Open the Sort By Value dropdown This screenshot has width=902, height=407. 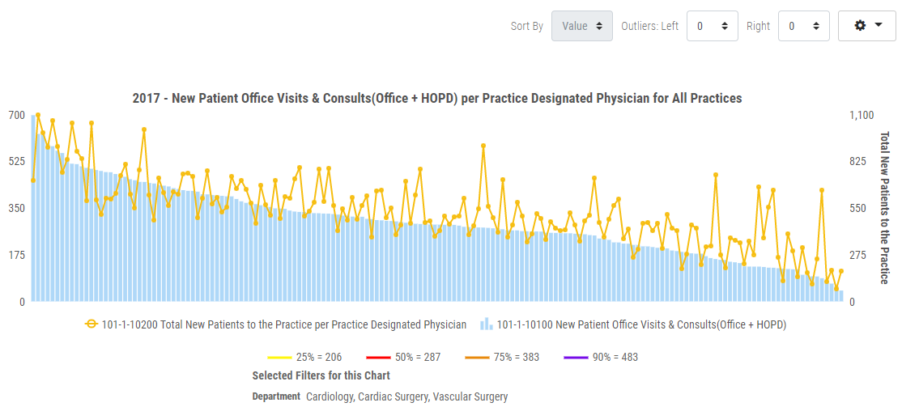(581, 26)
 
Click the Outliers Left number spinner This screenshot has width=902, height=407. (712, 26)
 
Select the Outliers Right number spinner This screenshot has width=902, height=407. (803, 26)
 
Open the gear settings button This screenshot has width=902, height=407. (866, 26)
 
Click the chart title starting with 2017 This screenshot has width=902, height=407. (437, 98)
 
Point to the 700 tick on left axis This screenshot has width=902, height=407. (17, 115)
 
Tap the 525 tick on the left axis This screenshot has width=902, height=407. (17, 162)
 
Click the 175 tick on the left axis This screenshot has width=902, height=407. (17, 255)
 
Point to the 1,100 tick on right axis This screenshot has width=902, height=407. (861, 115)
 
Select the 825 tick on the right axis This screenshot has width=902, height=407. (857, 162)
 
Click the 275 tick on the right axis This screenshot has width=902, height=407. (857, 255)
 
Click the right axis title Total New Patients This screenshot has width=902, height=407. (884, 208)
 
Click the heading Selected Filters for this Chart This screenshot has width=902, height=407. (321, 375)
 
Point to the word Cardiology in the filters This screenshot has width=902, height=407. (330, 396)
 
